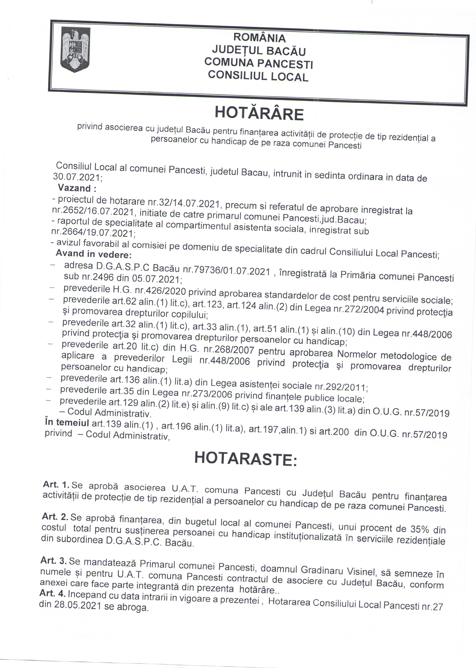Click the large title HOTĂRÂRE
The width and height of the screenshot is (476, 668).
click(x=259, y=114)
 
